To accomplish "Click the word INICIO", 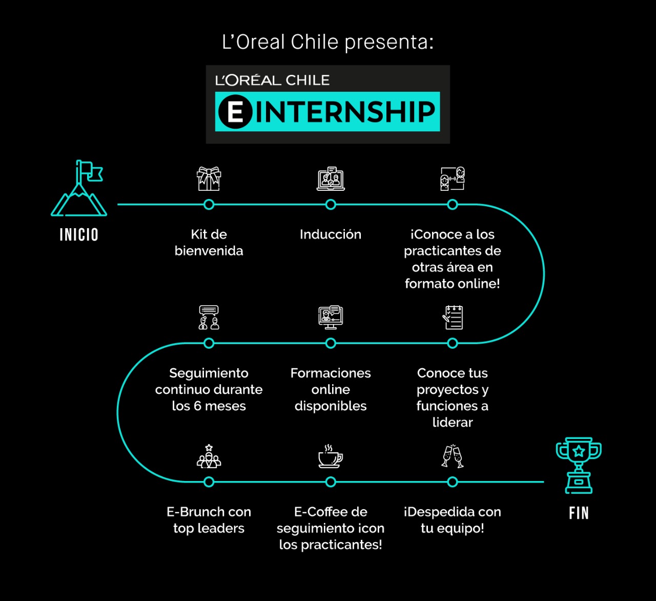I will (x=79, y=235).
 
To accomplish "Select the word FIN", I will (x=579, y=513).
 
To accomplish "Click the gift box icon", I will (x=209, y=178).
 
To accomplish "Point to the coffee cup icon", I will (x=331, y=456).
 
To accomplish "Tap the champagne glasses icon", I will (x=453, y=456).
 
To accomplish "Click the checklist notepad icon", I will (x=453, y=317).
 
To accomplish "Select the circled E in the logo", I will (x=235, y=112).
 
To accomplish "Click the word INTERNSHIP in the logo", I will (x=345, y=112).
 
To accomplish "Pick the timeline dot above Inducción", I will (x=331, y=205).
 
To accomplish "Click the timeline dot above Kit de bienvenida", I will (x=209, y=205).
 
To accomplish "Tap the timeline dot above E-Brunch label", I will (x=209, y=482).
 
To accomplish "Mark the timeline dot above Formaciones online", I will (x=331, y=343).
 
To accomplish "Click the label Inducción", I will (x=331, y=234).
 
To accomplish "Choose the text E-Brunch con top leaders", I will (x=209, y=519).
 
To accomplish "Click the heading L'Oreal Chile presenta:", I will (x=327, y=42).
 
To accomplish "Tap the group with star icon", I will (x=209, y=456).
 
